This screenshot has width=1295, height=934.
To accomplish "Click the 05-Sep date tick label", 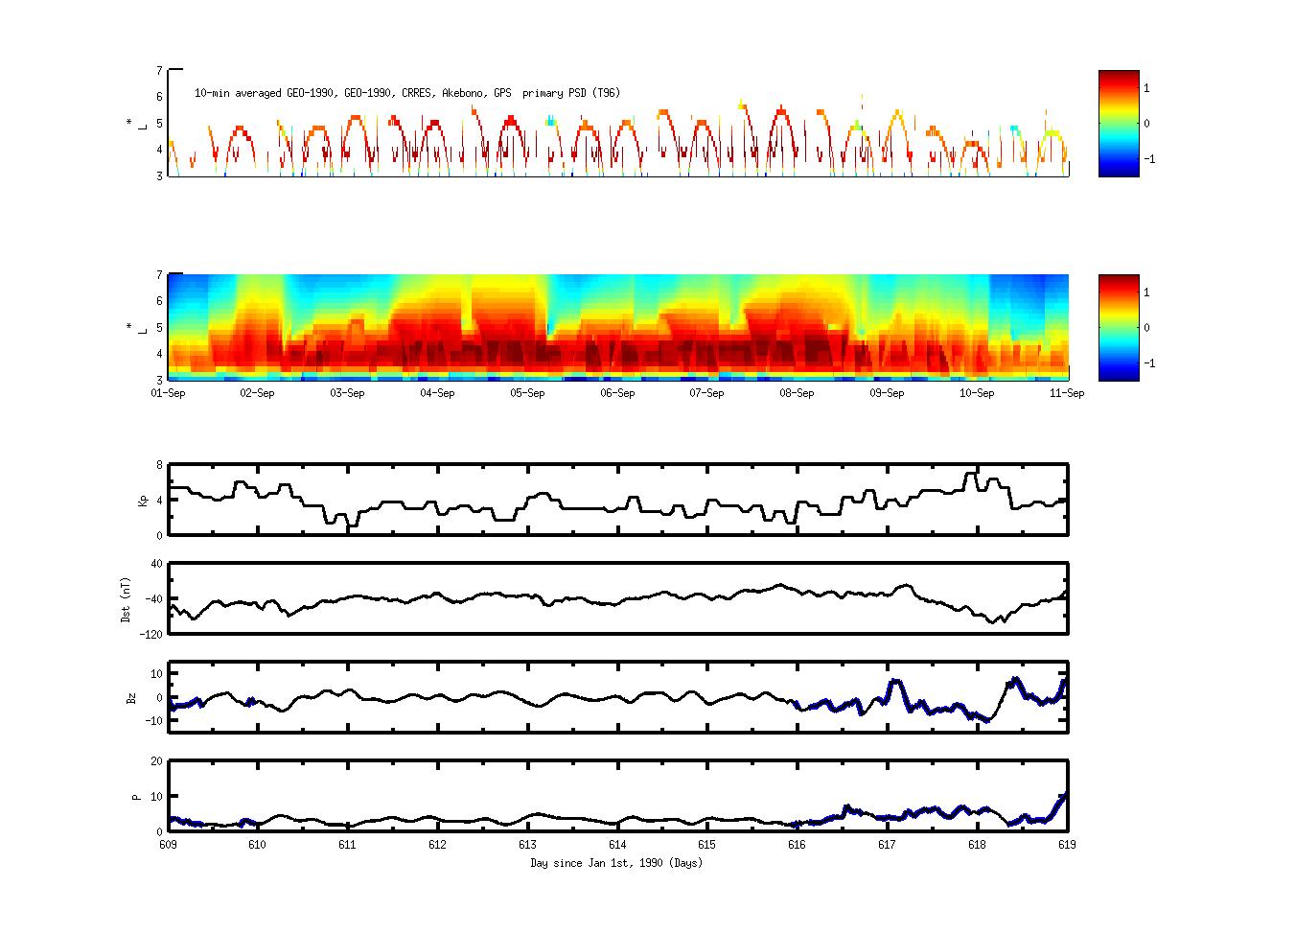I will click(527, 393).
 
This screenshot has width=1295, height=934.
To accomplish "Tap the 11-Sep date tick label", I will click(1067, 393).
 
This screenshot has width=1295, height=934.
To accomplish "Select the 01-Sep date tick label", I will click(169, 393).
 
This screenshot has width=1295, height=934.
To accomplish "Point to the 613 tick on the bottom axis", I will click(527, 845).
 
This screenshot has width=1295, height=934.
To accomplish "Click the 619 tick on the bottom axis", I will click(1067, 845).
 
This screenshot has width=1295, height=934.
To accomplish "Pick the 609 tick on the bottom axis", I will click(169, 845).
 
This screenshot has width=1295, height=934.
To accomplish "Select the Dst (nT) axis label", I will click(127, 599).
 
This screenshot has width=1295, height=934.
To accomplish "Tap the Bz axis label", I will click(131, 697).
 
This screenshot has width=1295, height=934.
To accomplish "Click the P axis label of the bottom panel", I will click(136, 796).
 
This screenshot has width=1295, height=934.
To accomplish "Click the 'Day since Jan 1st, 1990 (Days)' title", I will click(616, 863).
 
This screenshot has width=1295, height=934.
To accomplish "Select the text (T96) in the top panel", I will click(606, 93).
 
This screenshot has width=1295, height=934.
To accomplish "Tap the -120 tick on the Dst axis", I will click(152, 634).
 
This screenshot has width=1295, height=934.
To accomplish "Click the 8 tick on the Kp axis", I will click(159, 465).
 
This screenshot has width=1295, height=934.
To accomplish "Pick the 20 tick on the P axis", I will click(156, 761).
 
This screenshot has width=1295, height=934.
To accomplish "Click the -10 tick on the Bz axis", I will click(154, 715).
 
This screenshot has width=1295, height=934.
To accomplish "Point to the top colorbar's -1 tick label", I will click(1149, 159).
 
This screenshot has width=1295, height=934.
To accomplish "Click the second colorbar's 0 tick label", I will click(1146, 328).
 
